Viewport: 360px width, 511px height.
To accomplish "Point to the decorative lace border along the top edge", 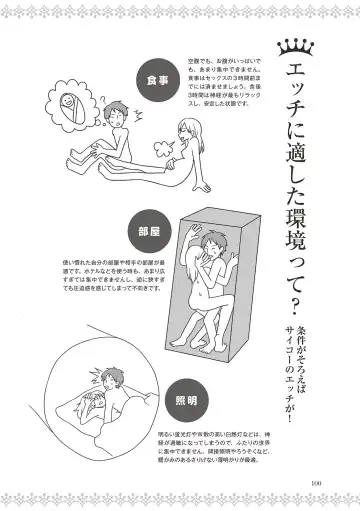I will [x=180, y=7].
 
